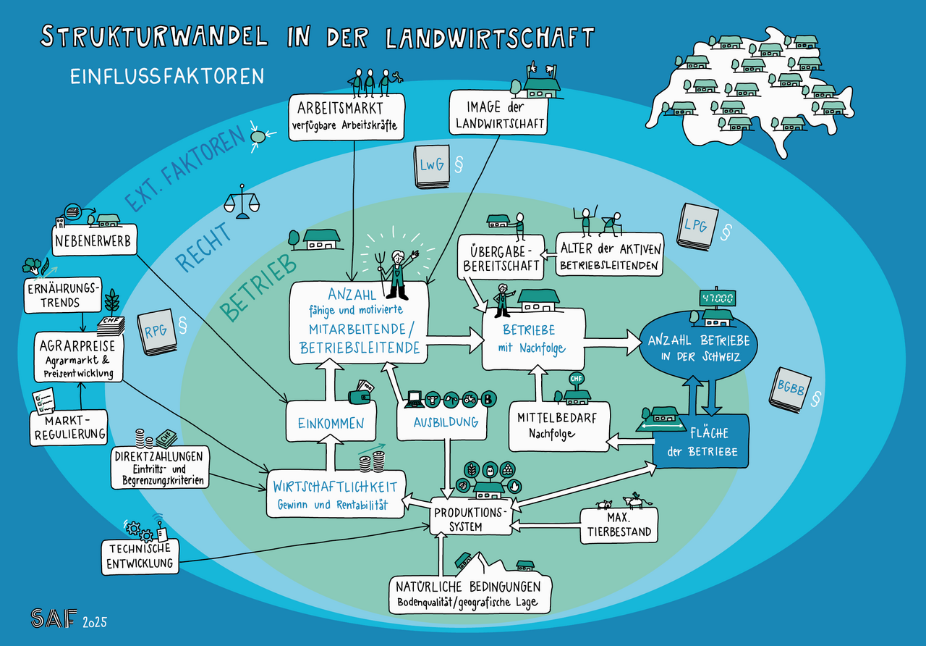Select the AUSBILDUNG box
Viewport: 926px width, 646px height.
click(x=446, y=421)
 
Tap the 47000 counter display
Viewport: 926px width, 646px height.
click(x=716, y=298)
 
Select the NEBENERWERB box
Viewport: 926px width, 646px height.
click(x=94, y=240)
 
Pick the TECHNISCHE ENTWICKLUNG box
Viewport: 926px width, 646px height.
click(x=140, y=556)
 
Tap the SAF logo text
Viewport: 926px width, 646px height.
click(x=53, y=618)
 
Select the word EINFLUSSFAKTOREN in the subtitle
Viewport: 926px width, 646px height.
click(x=167, y=76)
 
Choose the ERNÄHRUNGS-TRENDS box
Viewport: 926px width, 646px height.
click(x=62, y=295)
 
